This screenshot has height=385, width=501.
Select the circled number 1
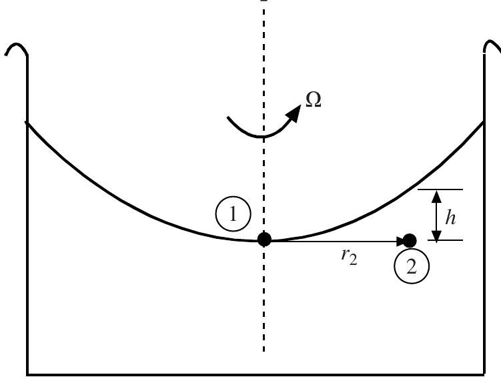[233, 216]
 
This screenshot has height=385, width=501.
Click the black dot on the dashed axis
[264, 239]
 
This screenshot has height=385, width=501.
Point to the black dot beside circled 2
[410, 240]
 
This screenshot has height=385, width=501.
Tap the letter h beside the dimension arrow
[450, 217]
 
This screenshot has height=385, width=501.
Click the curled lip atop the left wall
[16, 49]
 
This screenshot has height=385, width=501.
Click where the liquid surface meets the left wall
[27, 123]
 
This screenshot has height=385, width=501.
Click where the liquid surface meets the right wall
[483, 121]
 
